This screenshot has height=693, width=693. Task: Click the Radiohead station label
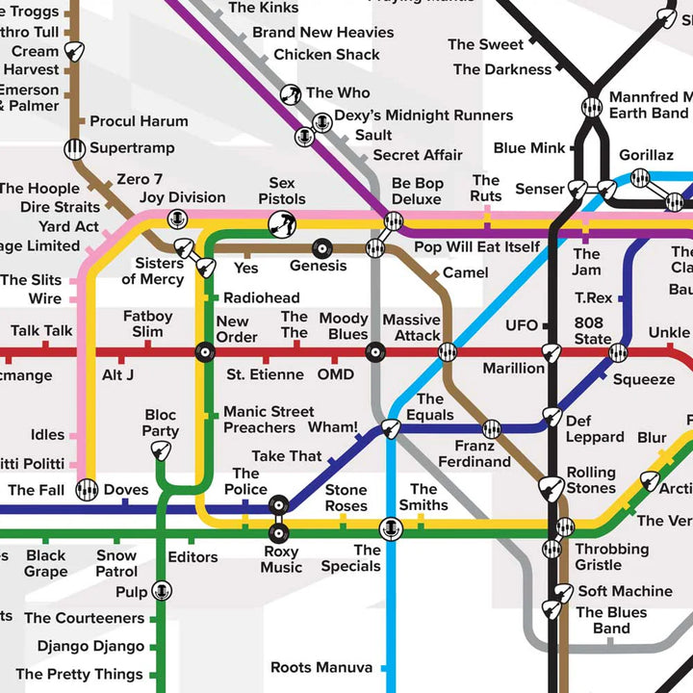click(x=261, y=298)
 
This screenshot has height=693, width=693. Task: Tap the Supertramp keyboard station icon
click(x=75, y=149)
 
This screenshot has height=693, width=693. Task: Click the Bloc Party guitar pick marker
click(x=162, y=451)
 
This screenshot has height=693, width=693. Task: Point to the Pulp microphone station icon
click(x=162, y=591)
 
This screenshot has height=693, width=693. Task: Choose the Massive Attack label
click(x=411, y=327)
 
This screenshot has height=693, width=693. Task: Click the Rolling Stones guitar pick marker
click(x=551, y=488)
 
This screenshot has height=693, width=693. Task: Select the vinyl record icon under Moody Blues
click(x=374, y=352)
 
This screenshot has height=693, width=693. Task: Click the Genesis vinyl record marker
click(x=322, y=248)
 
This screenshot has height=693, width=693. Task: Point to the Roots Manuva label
click(x=321, y=667)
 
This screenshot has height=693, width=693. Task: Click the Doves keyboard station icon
click(x=88, y=490)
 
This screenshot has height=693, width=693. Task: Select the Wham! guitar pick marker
click(x=391, y=428)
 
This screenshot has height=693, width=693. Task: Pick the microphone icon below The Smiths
click(x=390, y=528)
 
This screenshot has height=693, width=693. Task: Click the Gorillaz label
click(x=646, y=155)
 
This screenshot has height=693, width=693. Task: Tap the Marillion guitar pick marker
click(x=551, y=352)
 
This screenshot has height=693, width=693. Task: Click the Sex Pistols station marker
click(x=282, y=224)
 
